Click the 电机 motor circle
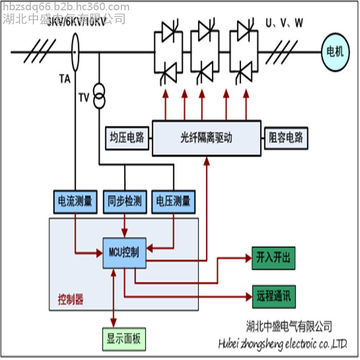point(335,51)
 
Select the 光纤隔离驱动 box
point(206,138)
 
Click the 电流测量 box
point(75,201)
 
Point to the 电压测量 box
point(173,201)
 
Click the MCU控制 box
point(124,253)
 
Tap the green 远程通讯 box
point(273,296)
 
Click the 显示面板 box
point(123,339)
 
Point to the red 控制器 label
point(70,299)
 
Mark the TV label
point(84,98)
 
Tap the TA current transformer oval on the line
point(76,52)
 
